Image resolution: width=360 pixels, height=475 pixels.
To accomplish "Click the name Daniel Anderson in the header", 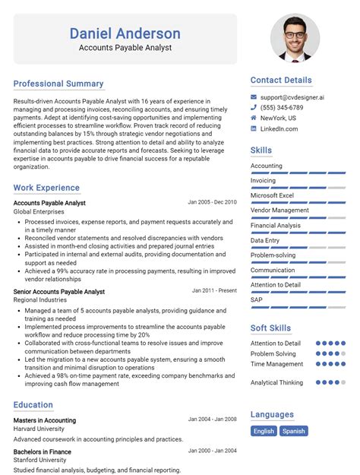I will point(125,33).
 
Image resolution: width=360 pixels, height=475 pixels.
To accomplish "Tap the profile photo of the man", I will point(295,38).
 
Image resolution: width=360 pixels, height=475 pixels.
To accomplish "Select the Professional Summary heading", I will point(58,84).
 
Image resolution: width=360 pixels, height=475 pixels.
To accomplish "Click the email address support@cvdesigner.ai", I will point(292,97).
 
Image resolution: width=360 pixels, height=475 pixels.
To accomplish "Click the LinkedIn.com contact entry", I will point(279,129).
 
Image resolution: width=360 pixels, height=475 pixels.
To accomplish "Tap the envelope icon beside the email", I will point(254,97).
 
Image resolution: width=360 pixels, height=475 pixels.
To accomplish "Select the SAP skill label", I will point(257,299).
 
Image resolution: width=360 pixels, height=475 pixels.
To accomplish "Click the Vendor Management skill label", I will point(279,211).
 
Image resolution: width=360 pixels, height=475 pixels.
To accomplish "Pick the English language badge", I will point(264,431).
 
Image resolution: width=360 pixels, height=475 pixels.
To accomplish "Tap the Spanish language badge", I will point(294,431).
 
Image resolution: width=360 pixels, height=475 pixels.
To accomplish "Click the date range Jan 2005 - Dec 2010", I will point(212,202).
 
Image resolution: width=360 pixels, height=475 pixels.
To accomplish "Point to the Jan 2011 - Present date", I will point(214,290).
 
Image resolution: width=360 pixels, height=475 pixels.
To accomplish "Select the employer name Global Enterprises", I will point(39,212).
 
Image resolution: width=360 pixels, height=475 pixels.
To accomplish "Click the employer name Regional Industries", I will point(39,301).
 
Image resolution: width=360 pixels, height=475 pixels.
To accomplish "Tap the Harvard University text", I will point(38,429).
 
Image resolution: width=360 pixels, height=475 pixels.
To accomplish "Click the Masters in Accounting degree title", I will point(45,420).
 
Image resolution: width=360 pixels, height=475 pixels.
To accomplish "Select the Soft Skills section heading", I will point(270,328).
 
